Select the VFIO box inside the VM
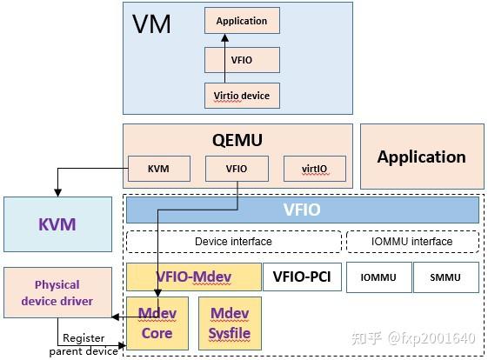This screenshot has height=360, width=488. pyautogui.click(x=242, y=60)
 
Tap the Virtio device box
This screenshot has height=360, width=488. pyautogui.click(x=242, y=95)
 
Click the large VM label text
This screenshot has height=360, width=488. pyautogui.click(x=151, y=23)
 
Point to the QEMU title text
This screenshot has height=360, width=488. pyautogui.click(x=237, y=140)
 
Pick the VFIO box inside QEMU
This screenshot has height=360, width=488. pyautogui.click(x=236, y=168)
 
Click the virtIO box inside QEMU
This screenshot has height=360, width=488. pyautogui.click(x=314, y=168)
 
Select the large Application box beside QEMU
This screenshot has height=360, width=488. pyautogui.click(x=421, y=157)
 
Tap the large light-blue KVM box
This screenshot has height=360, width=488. pyautogui.click(x=57, y=224)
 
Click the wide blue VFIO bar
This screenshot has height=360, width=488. pyautogui.click(x=302, y=210)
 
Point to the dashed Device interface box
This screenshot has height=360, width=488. pyautogui.click(x=233, y=241)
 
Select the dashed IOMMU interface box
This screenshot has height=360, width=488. pyautogui.click(x=412, y=241)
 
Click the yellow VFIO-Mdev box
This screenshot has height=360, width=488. pyautogui.click(x=193, y=277)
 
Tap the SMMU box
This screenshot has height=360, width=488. pyautogui.click(x=445, y=277)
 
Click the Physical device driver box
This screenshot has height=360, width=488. pyautogui.click(x=57, y=293)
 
